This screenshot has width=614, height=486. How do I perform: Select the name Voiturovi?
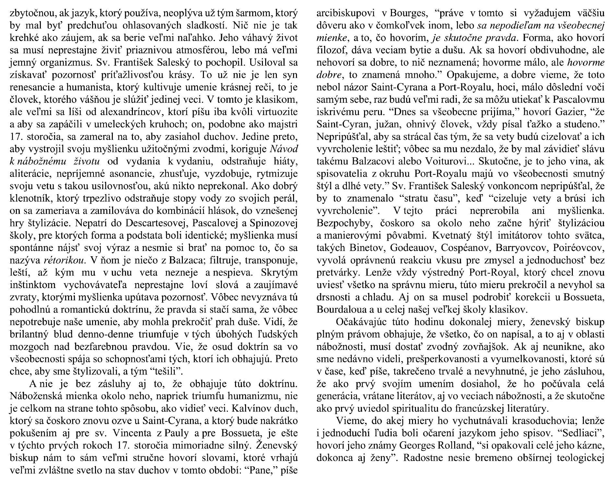[x=475, y=161]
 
